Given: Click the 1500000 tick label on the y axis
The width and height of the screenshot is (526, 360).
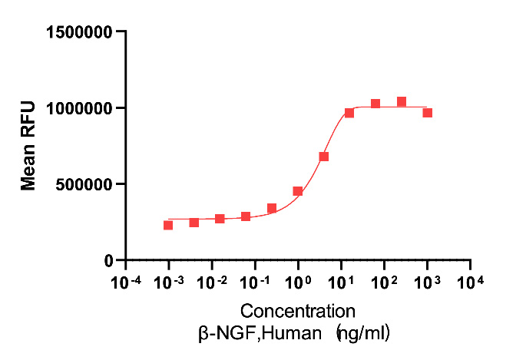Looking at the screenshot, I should pos(80,32).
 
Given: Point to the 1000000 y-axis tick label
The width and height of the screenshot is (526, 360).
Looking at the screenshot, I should pos(80,108).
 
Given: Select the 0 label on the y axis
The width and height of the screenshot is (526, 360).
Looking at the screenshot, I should pos(109,260).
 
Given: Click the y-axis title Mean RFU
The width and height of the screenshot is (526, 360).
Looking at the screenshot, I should pos(28,146).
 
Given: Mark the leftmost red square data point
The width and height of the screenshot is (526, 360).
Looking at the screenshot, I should pos(168,225).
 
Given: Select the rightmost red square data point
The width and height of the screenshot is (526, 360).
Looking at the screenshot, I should pos(428,113).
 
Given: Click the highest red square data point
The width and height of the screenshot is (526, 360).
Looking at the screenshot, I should pos(402,101).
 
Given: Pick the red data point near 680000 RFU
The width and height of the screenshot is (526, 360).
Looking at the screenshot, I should pos(324,157).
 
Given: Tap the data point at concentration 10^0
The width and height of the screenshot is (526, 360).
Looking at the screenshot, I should pos(298,191).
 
